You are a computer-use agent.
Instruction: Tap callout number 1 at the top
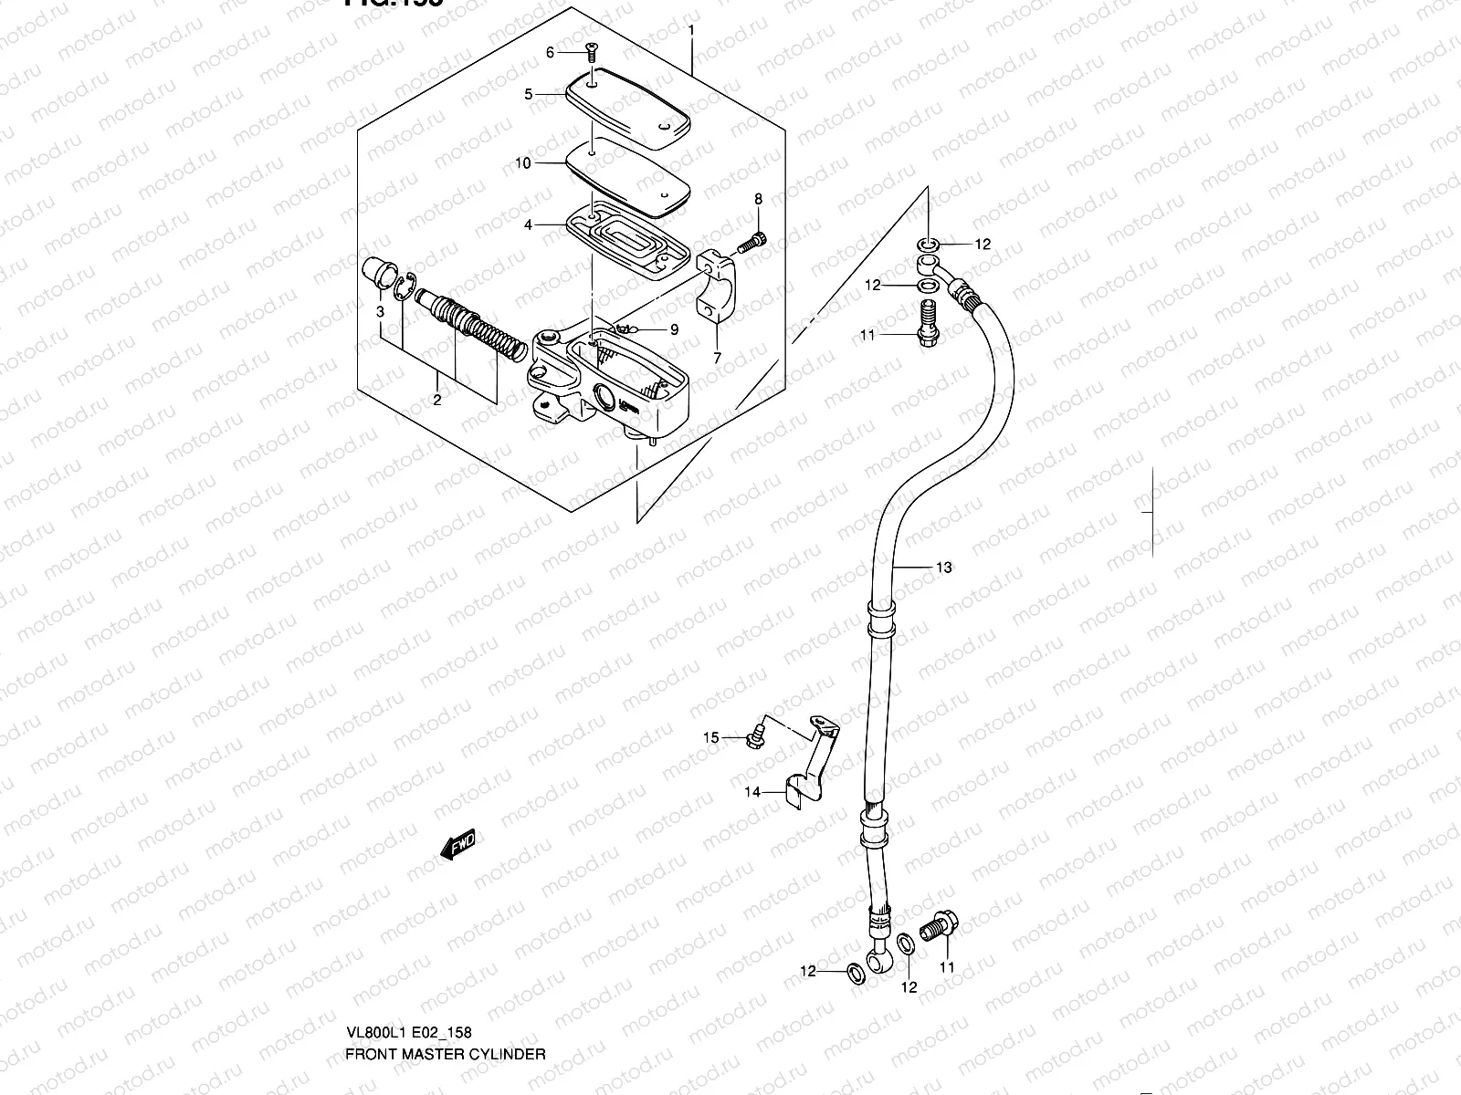691,30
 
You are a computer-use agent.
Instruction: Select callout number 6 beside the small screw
550,53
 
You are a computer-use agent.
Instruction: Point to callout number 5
528,94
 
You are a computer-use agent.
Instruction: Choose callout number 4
528,224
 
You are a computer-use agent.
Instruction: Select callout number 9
674,329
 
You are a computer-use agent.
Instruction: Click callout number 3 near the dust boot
380,312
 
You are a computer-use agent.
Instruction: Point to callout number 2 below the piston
436,400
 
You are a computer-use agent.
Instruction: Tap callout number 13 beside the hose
943,568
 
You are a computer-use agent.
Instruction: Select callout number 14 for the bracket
752,792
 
